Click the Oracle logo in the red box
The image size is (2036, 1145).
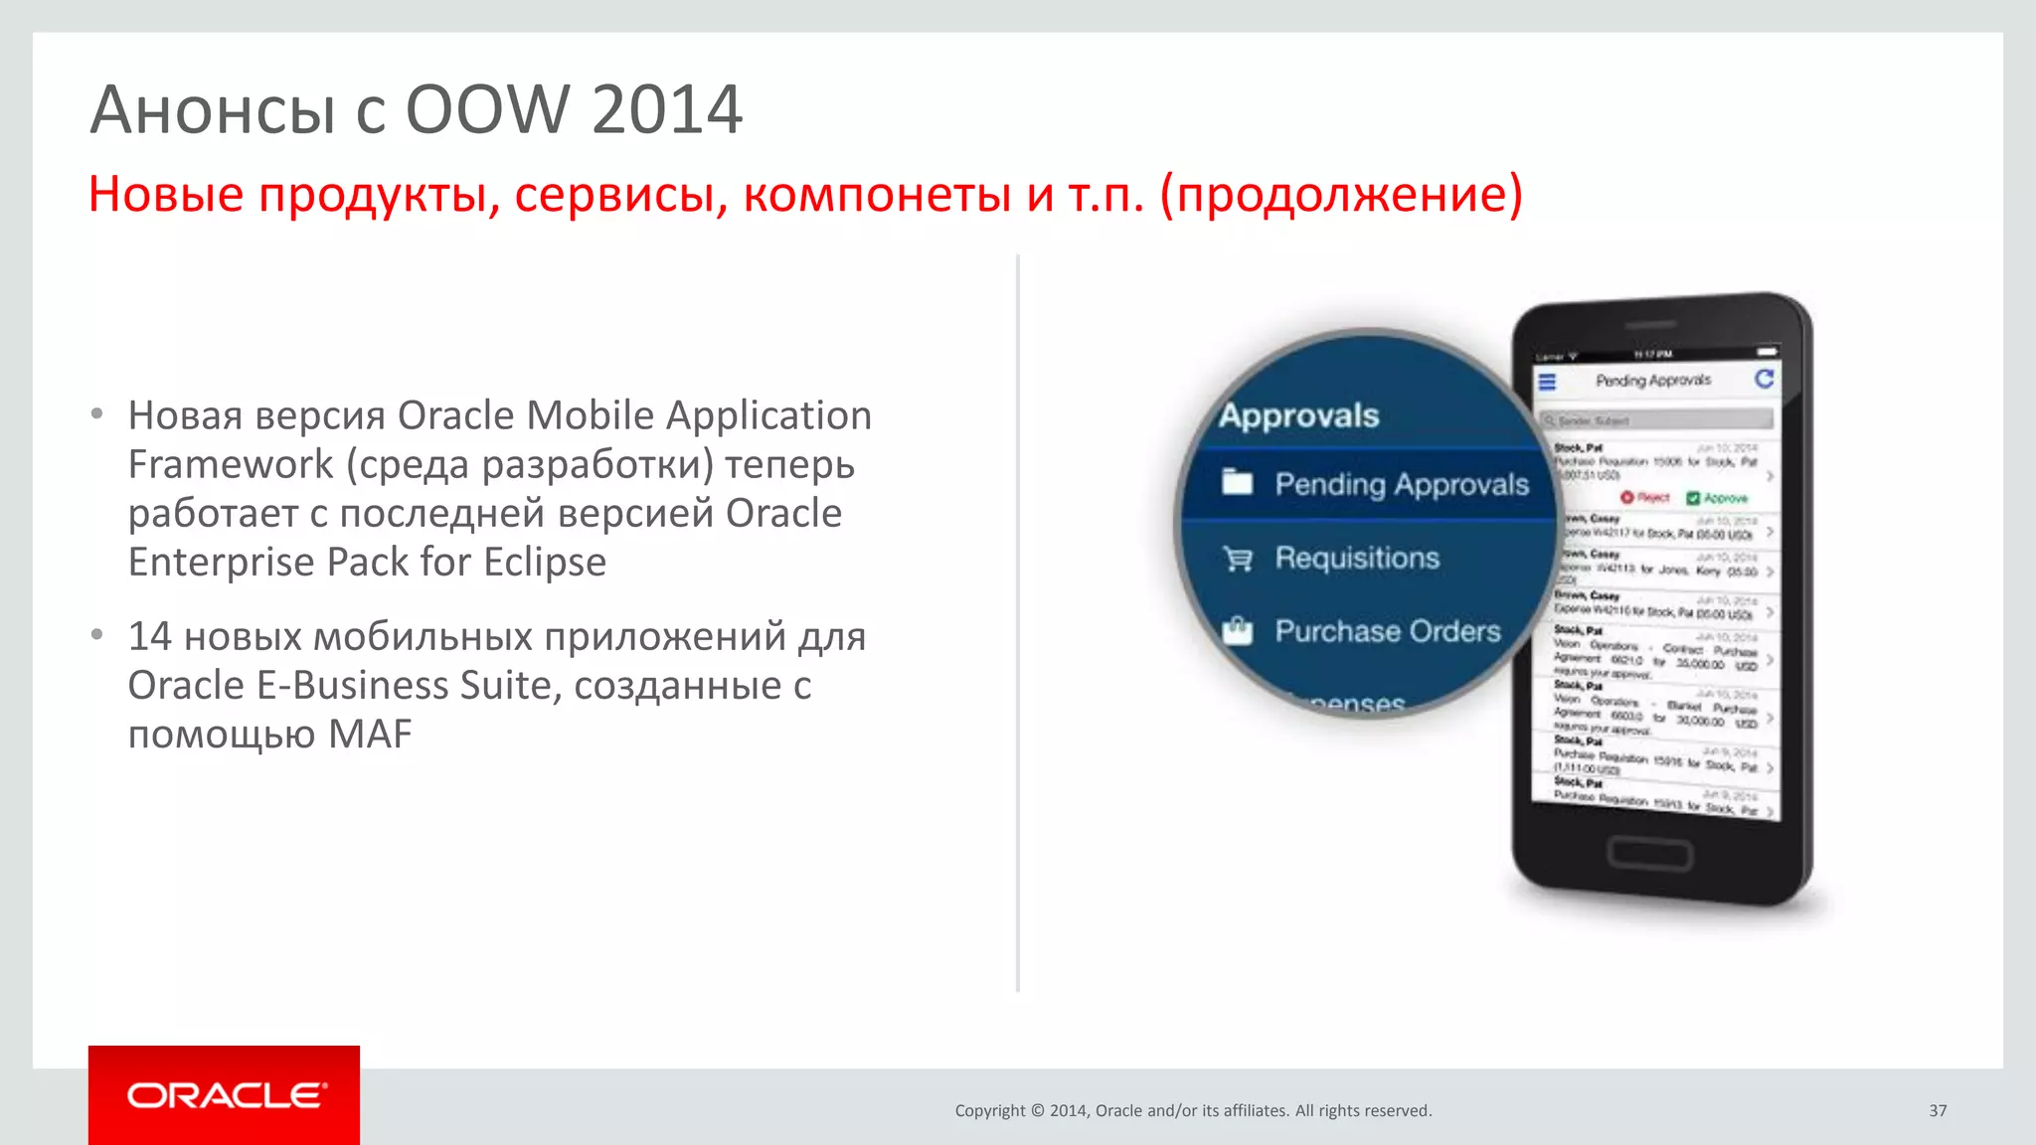225,1095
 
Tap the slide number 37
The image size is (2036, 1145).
1938,1111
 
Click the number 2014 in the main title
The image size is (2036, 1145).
667,109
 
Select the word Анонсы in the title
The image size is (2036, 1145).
213,109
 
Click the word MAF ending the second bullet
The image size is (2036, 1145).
370,735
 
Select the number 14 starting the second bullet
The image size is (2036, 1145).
150,637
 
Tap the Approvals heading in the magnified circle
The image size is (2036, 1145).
1299,415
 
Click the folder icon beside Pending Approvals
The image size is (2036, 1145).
1237,482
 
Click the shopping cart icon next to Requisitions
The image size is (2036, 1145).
1238,560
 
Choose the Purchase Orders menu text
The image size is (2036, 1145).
1388,632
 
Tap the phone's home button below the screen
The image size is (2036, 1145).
1650,854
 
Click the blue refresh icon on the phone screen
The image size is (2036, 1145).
1765,379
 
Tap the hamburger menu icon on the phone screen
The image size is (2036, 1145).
1547,382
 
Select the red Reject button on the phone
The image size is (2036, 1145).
1645,497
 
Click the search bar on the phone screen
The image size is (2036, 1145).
1656,420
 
